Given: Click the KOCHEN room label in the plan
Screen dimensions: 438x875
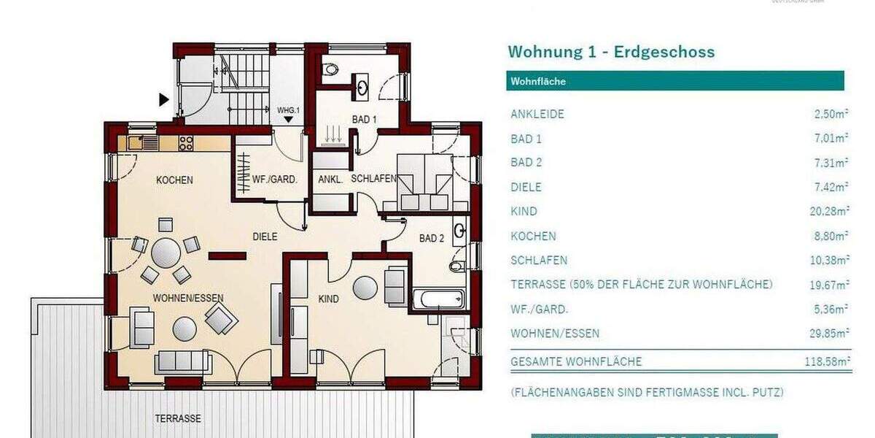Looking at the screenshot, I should pos(174,180).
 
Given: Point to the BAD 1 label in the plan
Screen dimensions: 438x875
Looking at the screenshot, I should pos(364,119).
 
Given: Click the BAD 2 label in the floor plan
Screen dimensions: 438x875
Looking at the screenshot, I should pos(432,238).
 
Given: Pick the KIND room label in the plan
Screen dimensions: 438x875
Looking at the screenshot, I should pos(329,298).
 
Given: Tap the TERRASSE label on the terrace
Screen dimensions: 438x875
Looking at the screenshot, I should pos(177,419).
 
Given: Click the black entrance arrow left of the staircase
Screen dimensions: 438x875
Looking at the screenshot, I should pos(164,99).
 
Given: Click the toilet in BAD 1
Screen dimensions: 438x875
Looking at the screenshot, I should pos(332,70).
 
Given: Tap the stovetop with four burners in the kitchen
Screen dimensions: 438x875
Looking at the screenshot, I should pos(186,142).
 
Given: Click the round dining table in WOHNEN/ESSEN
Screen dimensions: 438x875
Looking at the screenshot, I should pos(166,253).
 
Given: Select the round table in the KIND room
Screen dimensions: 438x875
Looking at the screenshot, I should pos(365,288).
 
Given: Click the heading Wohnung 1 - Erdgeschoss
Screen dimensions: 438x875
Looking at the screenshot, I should pos(611,52).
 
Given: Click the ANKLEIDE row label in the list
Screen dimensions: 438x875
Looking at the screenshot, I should pos(537,114).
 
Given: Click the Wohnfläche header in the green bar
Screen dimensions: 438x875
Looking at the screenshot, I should pos(538,81).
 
